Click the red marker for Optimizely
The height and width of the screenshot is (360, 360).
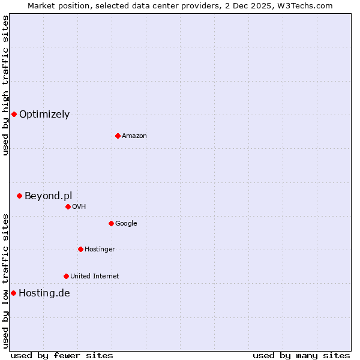click(x=14, y=114)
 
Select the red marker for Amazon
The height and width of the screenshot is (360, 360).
click(x=118, y=136)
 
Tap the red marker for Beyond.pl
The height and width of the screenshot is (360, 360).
click(x=19, y=196)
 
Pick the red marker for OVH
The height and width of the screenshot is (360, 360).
click(x=68, y=206)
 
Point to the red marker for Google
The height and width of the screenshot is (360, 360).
click(x=111, y=223)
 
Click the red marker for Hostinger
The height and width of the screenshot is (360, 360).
click(x=80, y=249)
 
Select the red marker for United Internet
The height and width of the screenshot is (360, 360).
click(x=66, y=276)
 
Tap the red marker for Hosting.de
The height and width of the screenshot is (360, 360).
click(x=13, y=293)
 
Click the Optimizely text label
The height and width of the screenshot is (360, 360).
click(x=44, y=115)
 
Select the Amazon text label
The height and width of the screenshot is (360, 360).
click(x=134, y=136)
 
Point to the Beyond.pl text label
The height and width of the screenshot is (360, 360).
click(x=48, y=196)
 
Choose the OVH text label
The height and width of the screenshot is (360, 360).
click(x=79, y=207)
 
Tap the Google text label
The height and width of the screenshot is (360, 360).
click(x=126, y=224)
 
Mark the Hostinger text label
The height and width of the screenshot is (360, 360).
click(x=100, y=250)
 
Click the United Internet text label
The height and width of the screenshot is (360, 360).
click(x=94, y=277)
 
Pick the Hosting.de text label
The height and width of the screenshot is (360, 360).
click(x=44, y=293)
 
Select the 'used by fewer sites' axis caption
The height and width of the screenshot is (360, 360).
click(x=62, y=355)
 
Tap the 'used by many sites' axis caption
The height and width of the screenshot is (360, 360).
click(x=301, y=355)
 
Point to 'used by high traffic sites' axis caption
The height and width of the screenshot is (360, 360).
click(x=5, y=85)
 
